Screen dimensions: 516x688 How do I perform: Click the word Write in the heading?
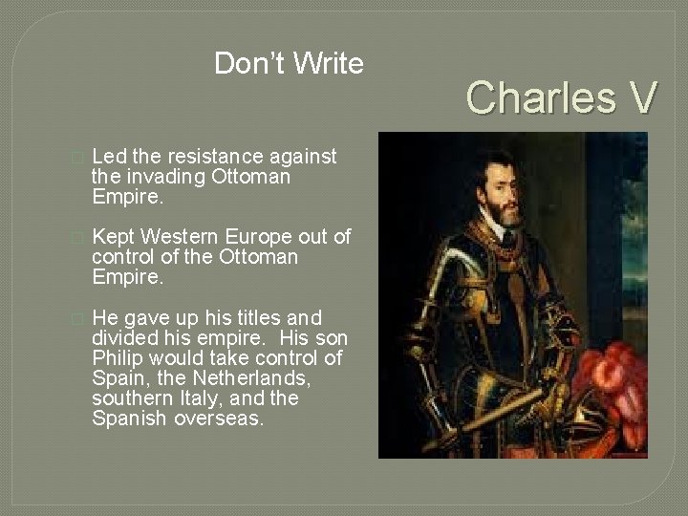329,64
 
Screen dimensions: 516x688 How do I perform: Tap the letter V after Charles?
642,97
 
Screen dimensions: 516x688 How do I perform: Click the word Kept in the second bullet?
112,236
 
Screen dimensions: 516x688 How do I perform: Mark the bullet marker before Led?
78,157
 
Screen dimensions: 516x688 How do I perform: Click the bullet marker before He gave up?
78,318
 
